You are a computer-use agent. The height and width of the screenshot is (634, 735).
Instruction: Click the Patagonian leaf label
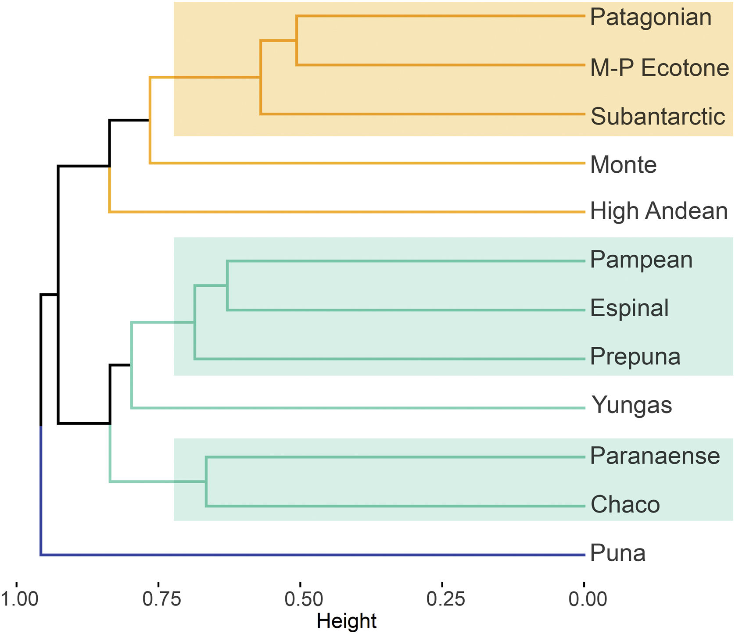click(x=650, y=18)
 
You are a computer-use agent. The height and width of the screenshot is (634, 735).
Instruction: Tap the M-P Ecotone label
click(x=659, y=68)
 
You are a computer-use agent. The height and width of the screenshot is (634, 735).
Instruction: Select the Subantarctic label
click(x=657, y=117)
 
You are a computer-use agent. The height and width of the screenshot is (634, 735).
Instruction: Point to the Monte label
click(x=623, y=165)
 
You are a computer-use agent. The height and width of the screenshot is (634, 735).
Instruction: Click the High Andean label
click(x=659, y=211)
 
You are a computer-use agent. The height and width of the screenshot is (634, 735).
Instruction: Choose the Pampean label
click(x=641, y=260)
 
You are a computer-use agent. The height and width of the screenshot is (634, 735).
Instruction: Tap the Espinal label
click(x=629, y=308)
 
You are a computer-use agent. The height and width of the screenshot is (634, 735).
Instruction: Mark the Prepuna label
click(x=635, y=356)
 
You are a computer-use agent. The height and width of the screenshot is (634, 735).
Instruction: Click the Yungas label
click(x=631, y=406)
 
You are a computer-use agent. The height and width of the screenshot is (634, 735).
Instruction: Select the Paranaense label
click(x=655, y=456)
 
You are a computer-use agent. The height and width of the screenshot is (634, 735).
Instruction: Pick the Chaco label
click(x=625, y=505)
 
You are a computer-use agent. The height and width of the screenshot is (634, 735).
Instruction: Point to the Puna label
click(x=617, y=553)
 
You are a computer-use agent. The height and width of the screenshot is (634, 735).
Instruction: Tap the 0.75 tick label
click(x=161, y=599)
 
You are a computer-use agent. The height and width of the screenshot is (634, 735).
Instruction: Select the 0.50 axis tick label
click(x=304, y=599)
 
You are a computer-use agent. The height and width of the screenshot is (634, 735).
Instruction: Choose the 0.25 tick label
click(x=446, y=599)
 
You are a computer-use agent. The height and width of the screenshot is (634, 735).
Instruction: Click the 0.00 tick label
click(x=588, y=599)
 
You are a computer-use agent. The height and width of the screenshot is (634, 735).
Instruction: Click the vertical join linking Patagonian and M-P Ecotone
click(x=297, y=40)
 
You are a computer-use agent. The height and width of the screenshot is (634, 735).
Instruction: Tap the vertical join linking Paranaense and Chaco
click(x=206, y=481)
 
